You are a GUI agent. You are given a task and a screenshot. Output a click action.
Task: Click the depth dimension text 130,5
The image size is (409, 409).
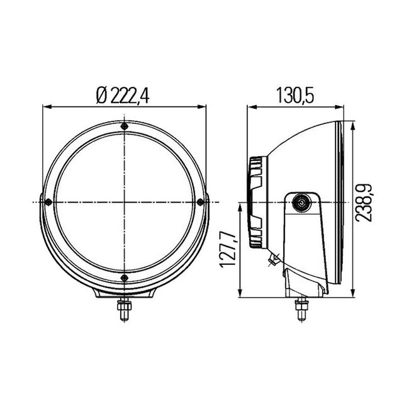294,95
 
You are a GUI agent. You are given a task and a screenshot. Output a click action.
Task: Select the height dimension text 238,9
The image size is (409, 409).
364,201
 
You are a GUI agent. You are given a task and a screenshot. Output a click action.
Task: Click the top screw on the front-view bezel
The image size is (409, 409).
125,127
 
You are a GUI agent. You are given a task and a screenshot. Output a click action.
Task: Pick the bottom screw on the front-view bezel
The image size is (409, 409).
125,277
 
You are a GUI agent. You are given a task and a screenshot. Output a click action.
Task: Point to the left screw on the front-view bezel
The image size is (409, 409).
49,201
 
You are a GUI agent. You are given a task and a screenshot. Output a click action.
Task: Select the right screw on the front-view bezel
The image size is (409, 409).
201,201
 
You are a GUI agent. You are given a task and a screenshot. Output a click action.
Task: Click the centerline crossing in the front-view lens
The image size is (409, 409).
125,202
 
